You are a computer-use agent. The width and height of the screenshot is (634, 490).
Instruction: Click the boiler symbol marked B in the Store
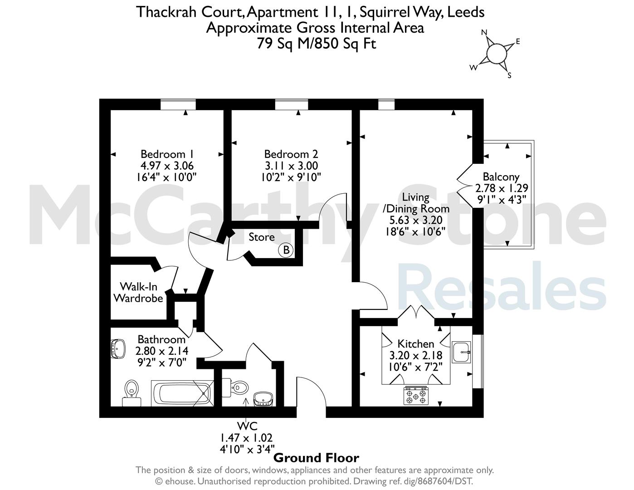click(x=286, y=250)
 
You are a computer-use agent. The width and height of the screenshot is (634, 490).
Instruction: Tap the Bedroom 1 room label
click(x=167, y=154)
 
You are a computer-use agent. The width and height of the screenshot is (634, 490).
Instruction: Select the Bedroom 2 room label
click(x=291, y=154)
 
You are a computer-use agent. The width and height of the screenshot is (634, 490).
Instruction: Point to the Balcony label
click(x=501, y=177)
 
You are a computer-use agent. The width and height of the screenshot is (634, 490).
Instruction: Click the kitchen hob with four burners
click(x=416, y=396)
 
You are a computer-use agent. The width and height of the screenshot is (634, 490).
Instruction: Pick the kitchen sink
click(x=461, y=352)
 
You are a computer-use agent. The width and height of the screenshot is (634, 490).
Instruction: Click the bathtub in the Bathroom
click(x=182, y=393)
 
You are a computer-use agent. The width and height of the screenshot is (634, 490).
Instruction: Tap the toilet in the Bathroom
click(x=132, y=392)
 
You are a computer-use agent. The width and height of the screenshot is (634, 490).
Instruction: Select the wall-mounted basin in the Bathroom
click(x=118, y=348)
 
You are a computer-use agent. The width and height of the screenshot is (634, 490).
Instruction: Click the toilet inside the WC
click(x=235, y=388)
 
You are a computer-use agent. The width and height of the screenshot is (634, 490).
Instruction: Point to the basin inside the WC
click(x=263, y=399)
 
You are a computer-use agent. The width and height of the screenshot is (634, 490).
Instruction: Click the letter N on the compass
click(x=484, y=32)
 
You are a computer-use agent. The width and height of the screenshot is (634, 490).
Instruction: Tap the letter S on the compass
click(x=509, y=76)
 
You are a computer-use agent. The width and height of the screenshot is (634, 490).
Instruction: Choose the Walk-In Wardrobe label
click(x=138, y=293)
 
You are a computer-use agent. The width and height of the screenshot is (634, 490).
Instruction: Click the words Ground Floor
click(x=316, y=458)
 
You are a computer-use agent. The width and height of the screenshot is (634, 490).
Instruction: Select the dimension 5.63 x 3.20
click(x=416, y=220)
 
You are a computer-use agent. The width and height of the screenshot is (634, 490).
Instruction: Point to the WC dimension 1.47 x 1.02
click(x=246, y=438)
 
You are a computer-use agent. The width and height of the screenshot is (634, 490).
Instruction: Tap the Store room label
click(x=261, y=237)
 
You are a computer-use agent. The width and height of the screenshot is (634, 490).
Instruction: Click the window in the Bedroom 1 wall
click(x=178, y=104)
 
